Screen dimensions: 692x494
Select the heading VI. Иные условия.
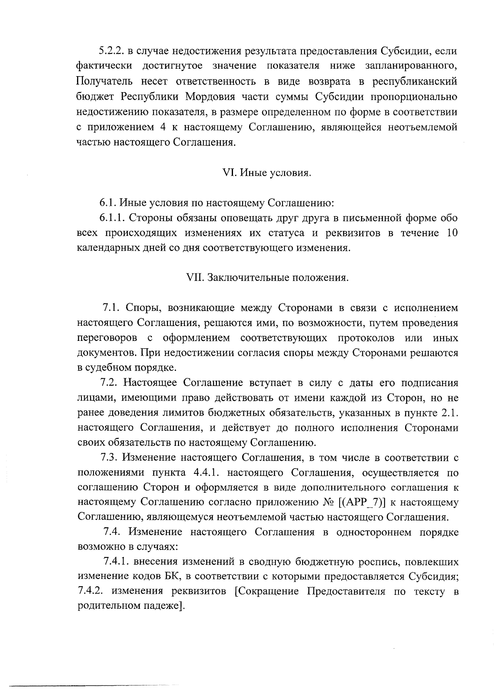pyautogui.click(x=266, y=173)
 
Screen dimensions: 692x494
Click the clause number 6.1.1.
pyautogui.click(x=113, y=218)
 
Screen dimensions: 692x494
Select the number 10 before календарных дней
pyautogui.click(x=452, y=233)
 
